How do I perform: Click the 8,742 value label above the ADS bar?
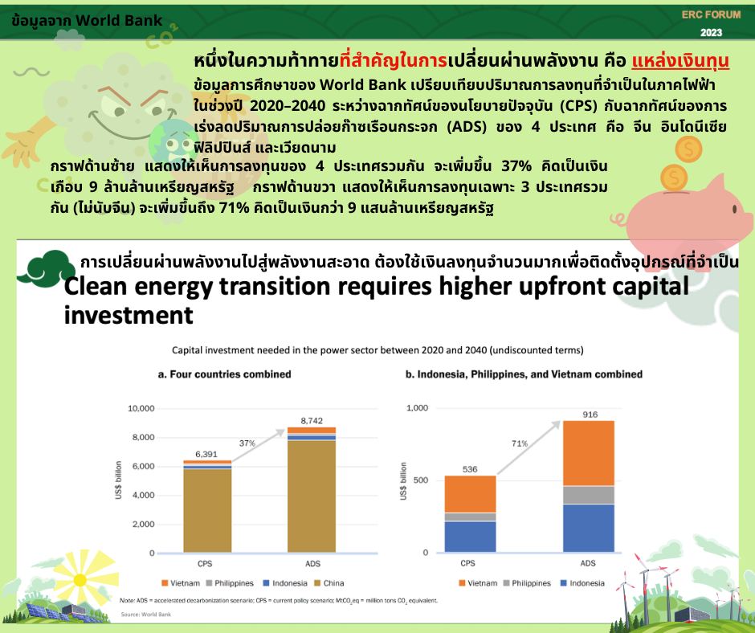[312, 421]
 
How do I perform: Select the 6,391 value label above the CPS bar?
[206, 455]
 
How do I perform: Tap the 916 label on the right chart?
[590, 415]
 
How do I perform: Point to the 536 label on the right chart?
[470, 469]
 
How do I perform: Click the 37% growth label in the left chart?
[247, 443]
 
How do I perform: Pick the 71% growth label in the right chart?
[520, 443]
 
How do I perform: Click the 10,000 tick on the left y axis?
[141, 409]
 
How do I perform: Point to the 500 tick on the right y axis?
[420, 480]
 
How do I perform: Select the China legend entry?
[329, 583]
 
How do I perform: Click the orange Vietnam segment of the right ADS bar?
[589, 453]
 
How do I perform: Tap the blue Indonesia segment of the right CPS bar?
[470, 536]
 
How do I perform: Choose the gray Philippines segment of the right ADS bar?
[589, 495]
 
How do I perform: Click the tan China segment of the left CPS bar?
[207, 510]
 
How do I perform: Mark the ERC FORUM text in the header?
[711, 15]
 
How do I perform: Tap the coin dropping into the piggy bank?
[674, 178]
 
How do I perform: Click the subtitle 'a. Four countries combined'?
[224, 374]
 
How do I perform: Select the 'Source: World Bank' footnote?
[146, 615]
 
